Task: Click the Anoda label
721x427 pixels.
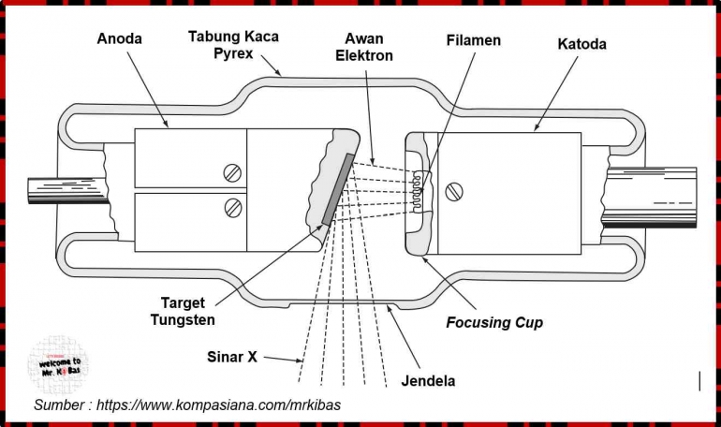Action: point(119,38)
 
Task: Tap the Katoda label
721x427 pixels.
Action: point(581,44)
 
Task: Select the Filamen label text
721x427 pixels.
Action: point(473,40)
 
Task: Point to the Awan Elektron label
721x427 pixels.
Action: point(364,47)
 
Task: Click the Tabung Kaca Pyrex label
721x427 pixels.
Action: point(233,45)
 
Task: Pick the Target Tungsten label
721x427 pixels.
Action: point(183,311)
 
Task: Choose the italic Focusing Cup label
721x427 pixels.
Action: point(494,323)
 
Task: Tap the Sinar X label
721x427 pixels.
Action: point(232,357)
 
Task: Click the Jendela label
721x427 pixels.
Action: point(428,381)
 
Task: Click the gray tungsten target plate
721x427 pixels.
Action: point(338,189)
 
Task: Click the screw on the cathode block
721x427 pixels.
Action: point(454,192)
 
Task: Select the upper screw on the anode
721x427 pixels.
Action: point(232,173)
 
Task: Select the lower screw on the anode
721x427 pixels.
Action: point(233,208)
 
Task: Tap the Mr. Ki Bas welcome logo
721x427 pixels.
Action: point(59,365)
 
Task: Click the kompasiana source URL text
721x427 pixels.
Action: point(218,405)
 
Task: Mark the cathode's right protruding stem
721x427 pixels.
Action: point(650,198)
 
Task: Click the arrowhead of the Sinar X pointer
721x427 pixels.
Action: point(298,361)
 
